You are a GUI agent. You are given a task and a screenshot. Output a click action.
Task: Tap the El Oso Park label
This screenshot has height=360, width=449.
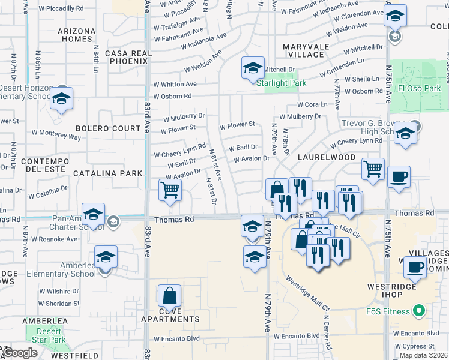pyautogui.click(x=419, y=89)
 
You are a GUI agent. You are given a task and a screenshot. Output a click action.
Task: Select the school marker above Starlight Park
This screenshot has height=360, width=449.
pyautogui.click(x=253, y=68)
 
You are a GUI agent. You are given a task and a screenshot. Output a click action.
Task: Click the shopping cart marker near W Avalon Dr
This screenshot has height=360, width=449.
pyautogui.click(x=170, y=191)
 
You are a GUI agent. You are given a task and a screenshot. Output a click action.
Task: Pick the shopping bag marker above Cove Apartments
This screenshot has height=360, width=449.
pyautogui.click(x=170, y=296)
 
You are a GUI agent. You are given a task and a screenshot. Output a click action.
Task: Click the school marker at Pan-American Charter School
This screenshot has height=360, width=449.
pyautogui.click(x=94, y=215)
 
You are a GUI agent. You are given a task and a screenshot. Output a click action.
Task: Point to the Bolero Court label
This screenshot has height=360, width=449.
pyautogui.click(x=108, y=128)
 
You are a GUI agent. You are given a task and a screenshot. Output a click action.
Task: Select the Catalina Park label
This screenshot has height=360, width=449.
pyautogui.click(x=108, y=173)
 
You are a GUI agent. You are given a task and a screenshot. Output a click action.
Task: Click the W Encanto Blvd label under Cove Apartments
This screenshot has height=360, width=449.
pyautogui.click(x=176, y=338)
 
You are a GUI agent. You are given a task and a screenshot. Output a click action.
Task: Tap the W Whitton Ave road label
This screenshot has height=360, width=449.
pyautogui.click(x=175, y=85)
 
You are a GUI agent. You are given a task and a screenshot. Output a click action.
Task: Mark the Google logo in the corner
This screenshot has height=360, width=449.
pyautogui.click(x=19, y=353)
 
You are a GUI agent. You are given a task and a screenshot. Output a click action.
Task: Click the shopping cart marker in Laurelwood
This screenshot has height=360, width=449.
pyautogui.click(x=373, y=169)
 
